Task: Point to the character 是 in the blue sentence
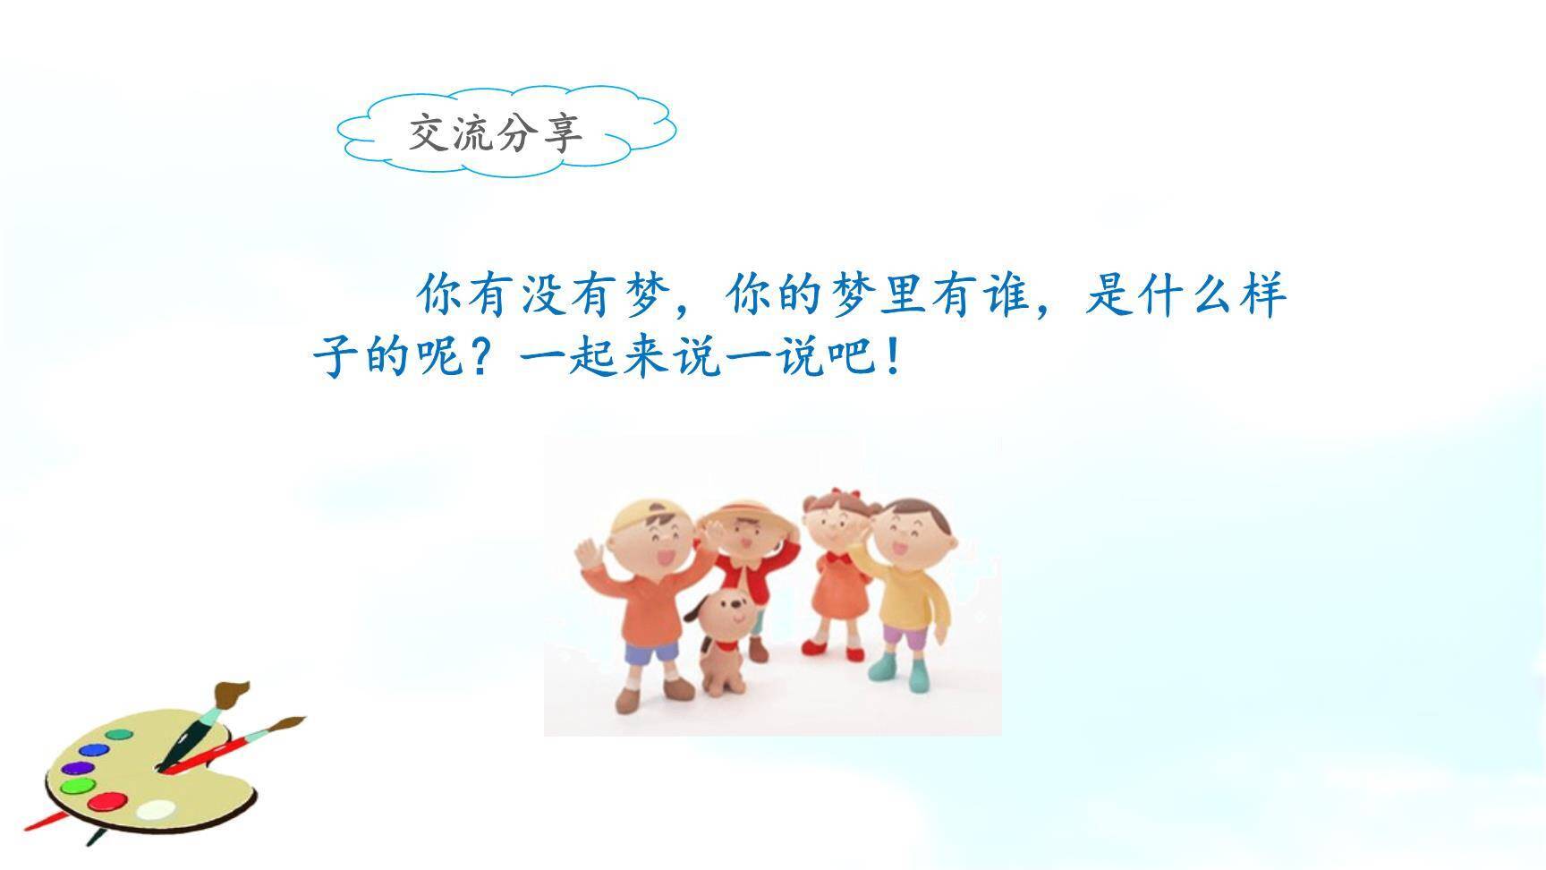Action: pos(1109,294)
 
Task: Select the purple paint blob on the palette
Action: pos(77,768)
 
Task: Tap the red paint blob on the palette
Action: pos(106,801)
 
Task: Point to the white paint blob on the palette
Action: pos(156,809)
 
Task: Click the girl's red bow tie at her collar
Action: pos(838,557)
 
